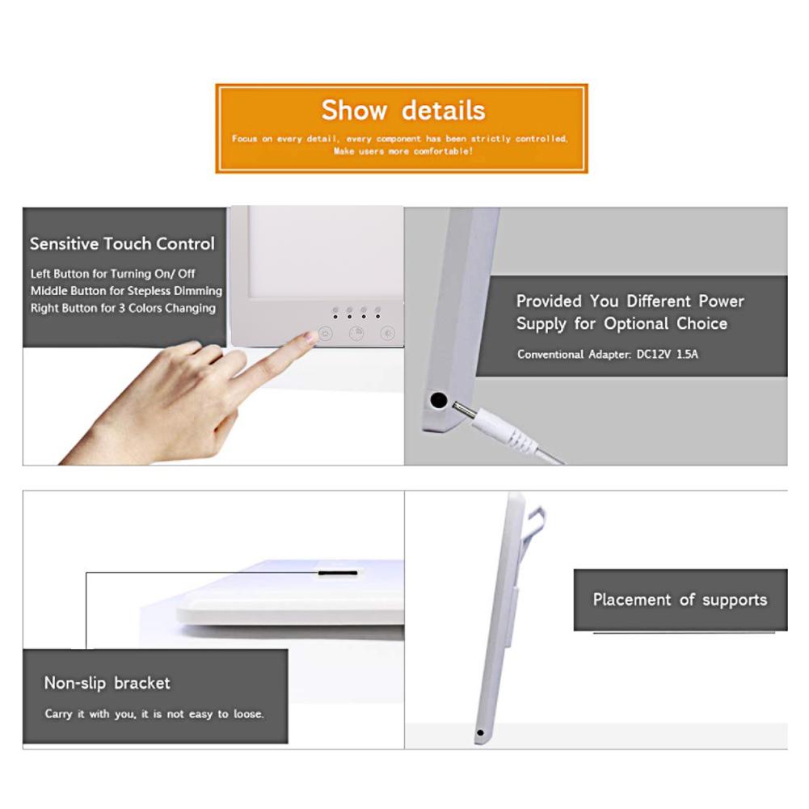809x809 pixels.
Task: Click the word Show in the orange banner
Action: pos(353,110)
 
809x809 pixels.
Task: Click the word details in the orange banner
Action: pos(443,110)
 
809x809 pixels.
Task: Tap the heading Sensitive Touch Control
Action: pos(122,243)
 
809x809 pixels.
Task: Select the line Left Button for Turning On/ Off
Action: pos(112,274)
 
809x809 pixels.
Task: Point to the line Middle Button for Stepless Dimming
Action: pos(126,291)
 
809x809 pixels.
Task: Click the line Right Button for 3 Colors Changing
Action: pos(123,308)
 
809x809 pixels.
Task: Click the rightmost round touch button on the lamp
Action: pos(388,331)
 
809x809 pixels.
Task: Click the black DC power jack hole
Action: pos(439,398)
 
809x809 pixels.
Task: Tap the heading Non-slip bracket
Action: pos(107,683)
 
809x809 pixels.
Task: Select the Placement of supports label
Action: pos(680,600)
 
